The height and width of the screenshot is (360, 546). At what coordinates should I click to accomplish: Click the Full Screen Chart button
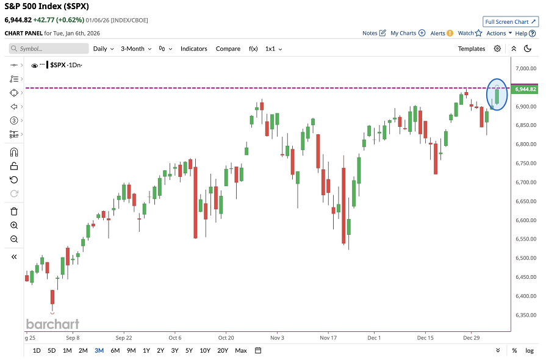510,21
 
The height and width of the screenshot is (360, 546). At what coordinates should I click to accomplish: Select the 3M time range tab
99,350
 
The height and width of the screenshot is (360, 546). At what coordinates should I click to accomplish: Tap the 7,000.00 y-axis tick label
525,68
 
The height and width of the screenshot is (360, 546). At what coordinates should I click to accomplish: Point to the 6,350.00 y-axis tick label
525,315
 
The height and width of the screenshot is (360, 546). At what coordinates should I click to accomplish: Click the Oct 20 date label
226,337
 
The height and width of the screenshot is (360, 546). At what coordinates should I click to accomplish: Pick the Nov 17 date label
328,337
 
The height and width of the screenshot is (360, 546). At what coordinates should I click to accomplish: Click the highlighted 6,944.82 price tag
525,89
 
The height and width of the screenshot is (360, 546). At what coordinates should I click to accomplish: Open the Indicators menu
193,49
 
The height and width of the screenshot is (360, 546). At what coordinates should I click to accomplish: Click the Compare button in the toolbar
228,49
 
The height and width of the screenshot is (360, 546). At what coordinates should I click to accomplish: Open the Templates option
471,49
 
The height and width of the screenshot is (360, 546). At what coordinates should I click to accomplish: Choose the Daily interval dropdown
102,49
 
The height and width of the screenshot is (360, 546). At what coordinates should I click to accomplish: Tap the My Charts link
408,33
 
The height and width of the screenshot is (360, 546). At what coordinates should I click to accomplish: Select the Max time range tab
241,350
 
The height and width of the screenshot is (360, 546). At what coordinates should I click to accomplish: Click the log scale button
530,350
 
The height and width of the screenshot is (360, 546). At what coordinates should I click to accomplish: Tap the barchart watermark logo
52,324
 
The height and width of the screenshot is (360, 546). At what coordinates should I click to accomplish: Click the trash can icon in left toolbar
14,211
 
